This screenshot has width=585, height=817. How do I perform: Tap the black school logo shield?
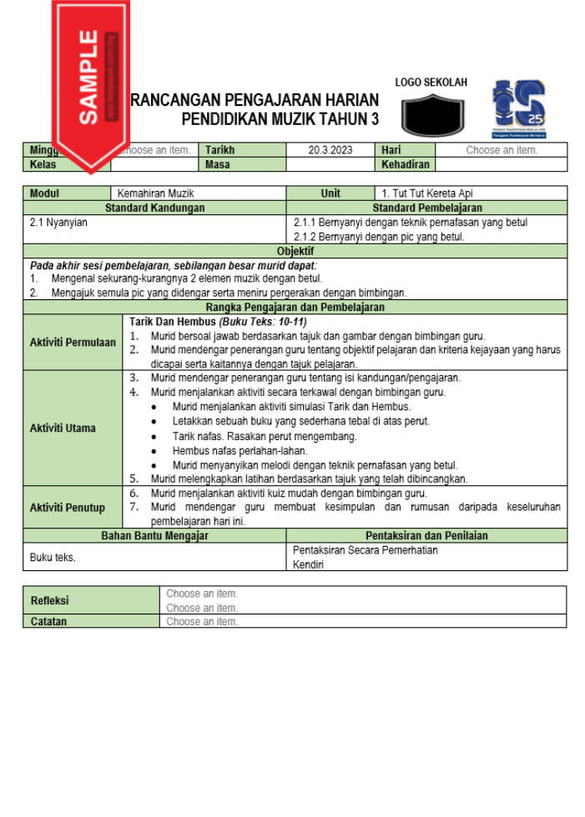[432, 115]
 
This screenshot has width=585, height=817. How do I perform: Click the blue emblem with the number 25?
[518, 108]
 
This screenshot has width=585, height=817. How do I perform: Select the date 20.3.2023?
[330, 151]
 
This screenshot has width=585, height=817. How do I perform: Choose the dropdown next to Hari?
[501, 151]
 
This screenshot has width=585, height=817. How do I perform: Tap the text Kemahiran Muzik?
[155, 193]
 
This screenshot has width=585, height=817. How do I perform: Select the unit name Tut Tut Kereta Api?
[427, 193]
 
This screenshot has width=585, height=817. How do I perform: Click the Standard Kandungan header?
[154, 208]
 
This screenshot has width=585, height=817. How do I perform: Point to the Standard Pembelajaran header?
[426, 208]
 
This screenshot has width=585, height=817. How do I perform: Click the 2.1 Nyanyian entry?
[58, 223]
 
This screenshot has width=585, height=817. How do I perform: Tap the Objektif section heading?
[295, 251]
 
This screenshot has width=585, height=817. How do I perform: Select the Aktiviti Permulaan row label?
[73, 343]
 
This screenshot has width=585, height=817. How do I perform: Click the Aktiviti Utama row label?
[63, 429]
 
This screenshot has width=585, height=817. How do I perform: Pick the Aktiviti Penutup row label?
[68, 508]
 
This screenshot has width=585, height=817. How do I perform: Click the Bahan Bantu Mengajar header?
[154, 536]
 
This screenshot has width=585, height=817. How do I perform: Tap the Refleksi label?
[50, 600]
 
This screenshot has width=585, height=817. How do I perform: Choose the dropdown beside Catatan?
[202, 622]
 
